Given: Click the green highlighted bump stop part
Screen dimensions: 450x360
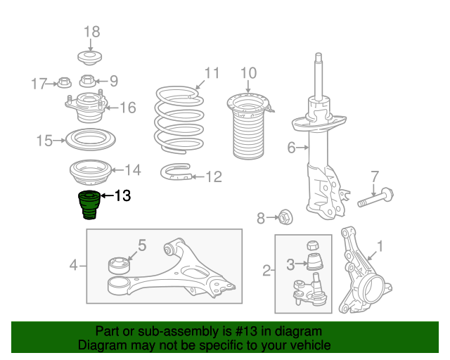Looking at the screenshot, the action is (89, 205).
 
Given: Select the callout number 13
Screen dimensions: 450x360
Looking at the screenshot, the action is (122, 195).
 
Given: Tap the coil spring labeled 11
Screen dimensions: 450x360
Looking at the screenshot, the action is (179, 119).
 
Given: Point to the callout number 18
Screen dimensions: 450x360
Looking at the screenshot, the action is (92, 32).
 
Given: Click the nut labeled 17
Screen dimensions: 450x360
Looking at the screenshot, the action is (64, 83).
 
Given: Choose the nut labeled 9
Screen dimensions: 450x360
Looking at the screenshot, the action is (87, 81).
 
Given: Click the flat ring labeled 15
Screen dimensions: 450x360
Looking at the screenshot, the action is (91, 140).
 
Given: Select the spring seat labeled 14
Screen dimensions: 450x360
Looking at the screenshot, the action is (91, 172).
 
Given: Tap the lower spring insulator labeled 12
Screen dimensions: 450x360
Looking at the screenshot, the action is (176, 172).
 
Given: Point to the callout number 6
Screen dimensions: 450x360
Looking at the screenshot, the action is (291, 148).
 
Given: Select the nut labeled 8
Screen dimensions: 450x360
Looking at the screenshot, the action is (285, 217).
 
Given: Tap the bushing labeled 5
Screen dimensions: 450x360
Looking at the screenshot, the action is (119, 266).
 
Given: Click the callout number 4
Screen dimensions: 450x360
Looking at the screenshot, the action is (73, 265).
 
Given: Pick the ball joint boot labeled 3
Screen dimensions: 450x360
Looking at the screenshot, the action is (315, 262).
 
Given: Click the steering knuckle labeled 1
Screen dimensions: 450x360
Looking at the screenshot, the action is (364, 271).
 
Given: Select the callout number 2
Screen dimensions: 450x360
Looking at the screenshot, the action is (266, 271).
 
